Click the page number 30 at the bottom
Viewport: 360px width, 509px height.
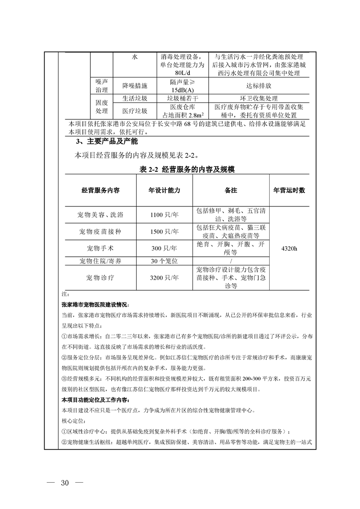[64, 482]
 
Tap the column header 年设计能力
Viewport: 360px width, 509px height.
[164, 191]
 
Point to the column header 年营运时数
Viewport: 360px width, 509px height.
[289, 191]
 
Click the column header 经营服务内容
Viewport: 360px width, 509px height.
[100, 191]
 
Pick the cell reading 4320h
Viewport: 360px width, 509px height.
[289, 249]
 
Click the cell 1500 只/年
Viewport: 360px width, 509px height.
[164, 232]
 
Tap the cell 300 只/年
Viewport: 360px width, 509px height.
[164, 249]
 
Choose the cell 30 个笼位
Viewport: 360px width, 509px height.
[164, 261]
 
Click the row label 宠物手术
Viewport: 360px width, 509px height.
[100, 249]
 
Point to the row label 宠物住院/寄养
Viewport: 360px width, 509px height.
[100, 261]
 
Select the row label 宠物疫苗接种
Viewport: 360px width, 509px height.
[100, 232]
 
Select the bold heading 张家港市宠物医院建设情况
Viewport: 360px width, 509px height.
[95, 304]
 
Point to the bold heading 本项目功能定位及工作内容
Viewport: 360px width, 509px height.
[95, 400]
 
